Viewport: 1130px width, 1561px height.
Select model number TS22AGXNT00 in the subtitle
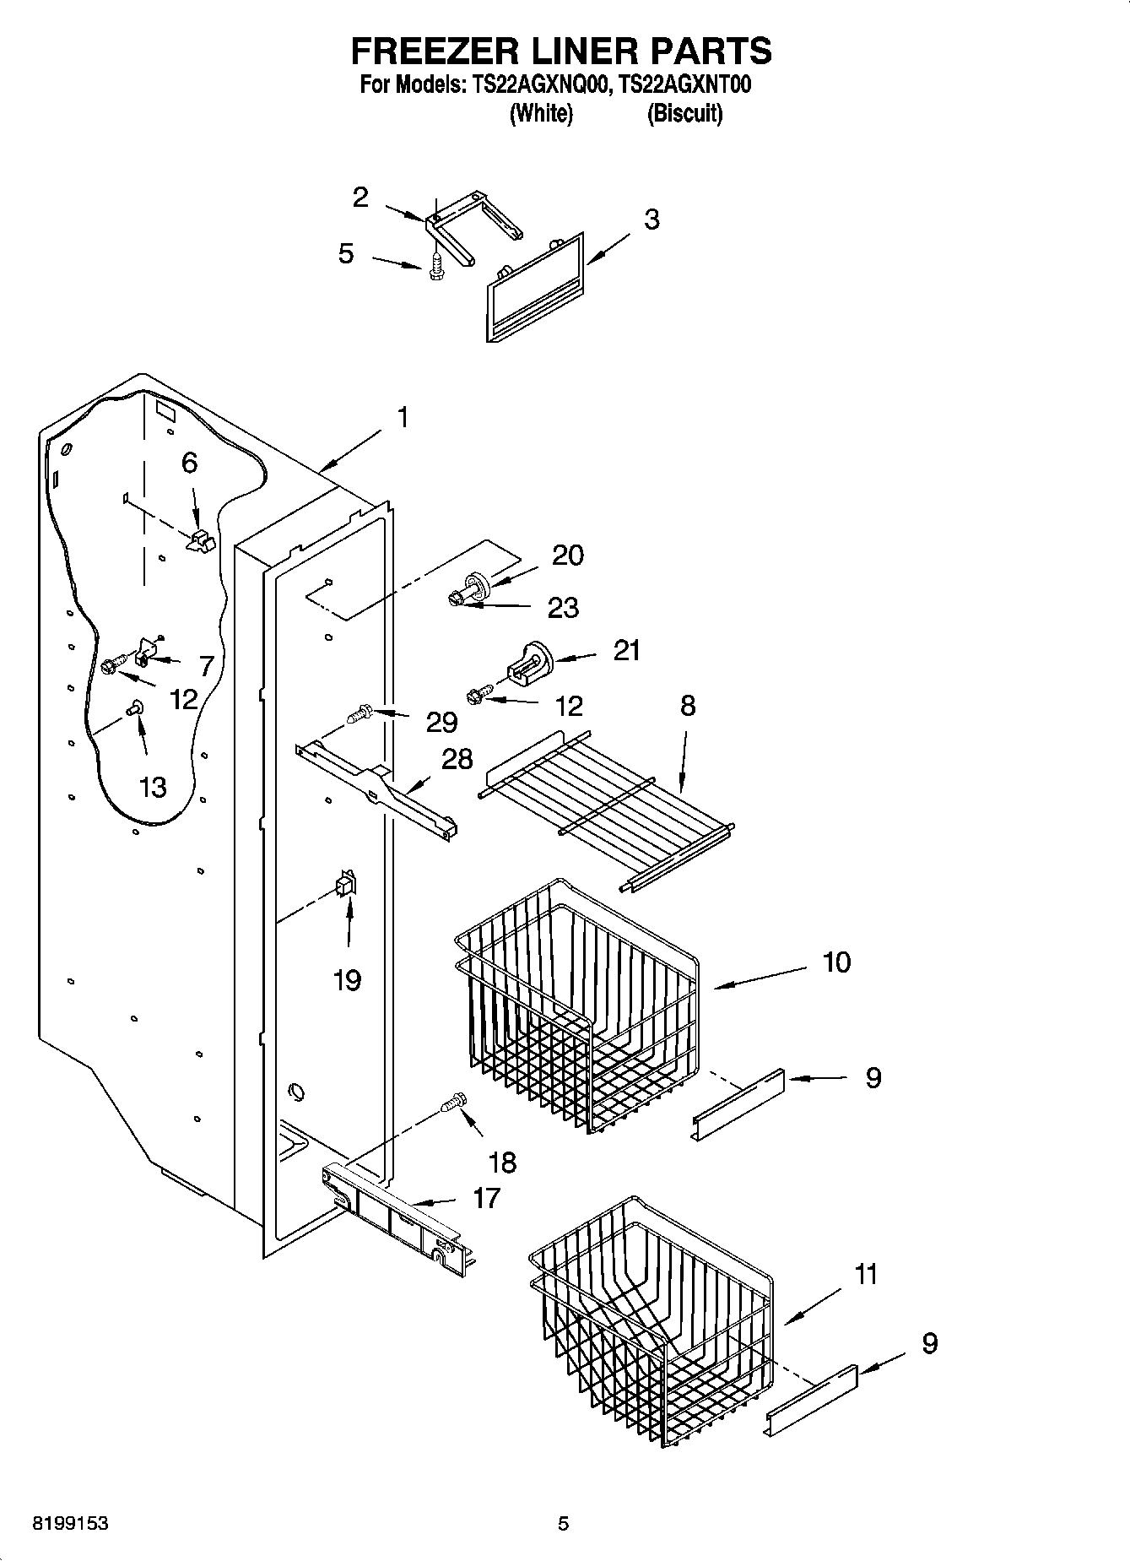pyautogui.click(x=684, y=84)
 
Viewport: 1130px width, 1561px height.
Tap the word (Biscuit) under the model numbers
pyautogui.click(x=684, y=113)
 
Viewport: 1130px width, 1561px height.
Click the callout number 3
pyautogui.click(x=652, y=220)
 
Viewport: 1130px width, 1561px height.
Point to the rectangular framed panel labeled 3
pyautogui.click(x=535, y=289)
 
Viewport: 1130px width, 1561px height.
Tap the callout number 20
pyautogui.click(x=567, y=556)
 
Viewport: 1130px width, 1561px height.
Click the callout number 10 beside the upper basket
pyautogui.click(x=836, y=962)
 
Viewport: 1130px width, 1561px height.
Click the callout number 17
pyautogui.click(x=487, y=1197)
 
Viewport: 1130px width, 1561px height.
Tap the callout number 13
pyautogui.click(x=153, y=787)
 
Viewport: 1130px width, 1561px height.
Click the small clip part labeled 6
pyautogui.click(x=200, y=540)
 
